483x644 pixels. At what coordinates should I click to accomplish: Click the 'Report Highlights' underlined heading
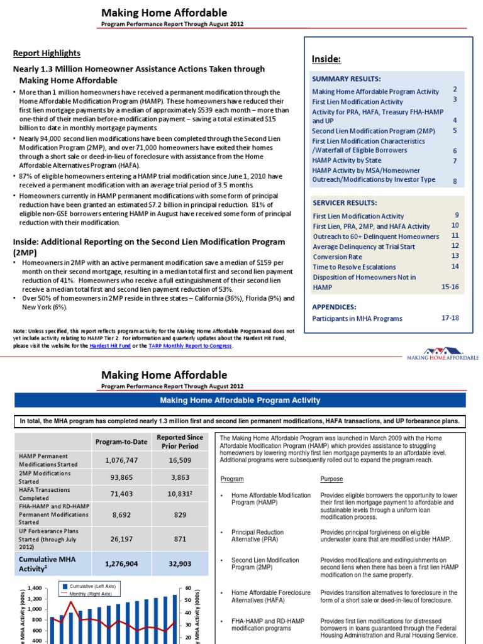coord(47,53)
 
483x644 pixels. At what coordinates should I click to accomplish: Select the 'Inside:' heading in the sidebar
coord(326,58)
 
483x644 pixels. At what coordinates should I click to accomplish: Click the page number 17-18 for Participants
coord(450,318)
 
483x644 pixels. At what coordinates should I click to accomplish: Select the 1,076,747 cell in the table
coord(121,460)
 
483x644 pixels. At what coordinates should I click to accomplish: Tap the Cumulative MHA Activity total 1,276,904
coord(121,564)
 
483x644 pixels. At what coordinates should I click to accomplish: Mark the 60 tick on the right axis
coord(187,588)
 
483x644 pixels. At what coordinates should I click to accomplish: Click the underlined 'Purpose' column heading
coord(331,479)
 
